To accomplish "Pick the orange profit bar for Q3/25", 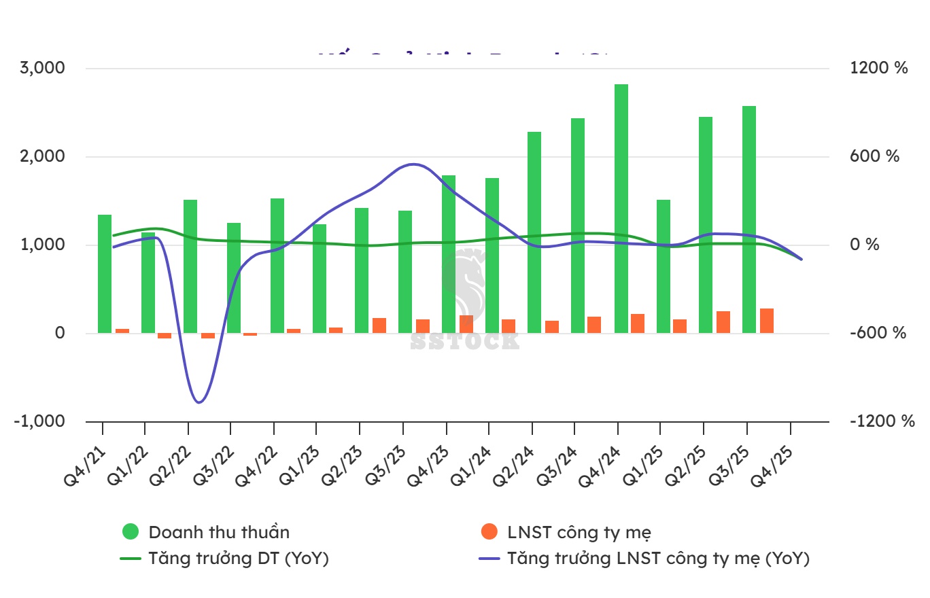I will click(767, 321).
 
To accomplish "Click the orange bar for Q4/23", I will click(466, 324).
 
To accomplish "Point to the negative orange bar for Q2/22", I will click(208, 336).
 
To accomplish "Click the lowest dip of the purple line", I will click(199, 402).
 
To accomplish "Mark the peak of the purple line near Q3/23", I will click(413, 164).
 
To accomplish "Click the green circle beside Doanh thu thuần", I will click(130, 532).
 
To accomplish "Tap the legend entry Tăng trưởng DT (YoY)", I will click(239, 559).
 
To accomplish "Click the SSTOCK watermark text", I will click(464, 341).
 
